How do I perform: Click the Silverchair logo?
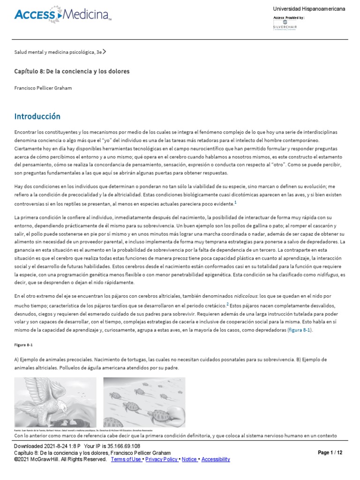[285, 26]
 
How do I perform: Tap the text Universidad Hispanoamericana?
[309, 9]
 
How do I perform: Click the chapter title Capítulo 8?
[72, 71]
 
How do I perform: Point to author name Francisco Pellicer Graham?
[43, 88]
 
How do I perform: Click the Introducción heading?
[37, 116]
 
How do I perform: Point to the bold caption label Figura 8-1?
[23, 345]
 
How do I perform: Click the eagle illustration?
[56, 402]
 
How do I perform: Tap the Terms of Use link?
[126, 459]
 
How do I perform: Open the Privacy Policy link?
[161, 459]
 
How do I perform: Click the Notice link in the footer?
[189, 459]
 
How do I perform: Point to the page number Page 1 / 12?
[330, 453]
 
